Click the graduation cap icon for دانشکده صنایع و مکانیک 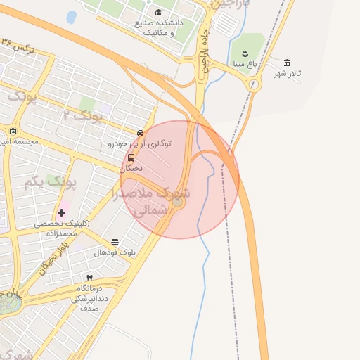click(x=158, y=12)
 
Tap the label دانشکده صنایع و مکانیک click(x=158, y=27)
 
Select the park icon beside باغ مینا click(x=244, y=54)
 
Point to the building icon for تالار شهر click(x=288, y=63)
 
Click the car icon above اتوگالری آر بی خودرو click(x=141, y=133)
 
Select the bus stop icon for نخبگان click(x=131, y=158)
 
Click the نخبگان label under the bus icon click(x=131, y=169)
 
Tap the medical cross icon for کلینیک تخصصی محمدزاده click(x=61, y=212)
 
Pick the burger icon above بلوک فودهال click(x=115, y=242)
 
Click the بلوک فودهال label click(x=114, y=252)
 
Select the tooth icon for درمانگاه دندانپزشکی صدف click(x=89, y=278)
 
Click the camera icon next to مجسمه click(x=13, y=131)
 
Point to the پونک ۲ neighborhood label click(x=82, y=115)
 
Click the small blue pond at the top click(x=71, y=17)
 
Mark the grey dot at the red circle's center click(x=178, y=202)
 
